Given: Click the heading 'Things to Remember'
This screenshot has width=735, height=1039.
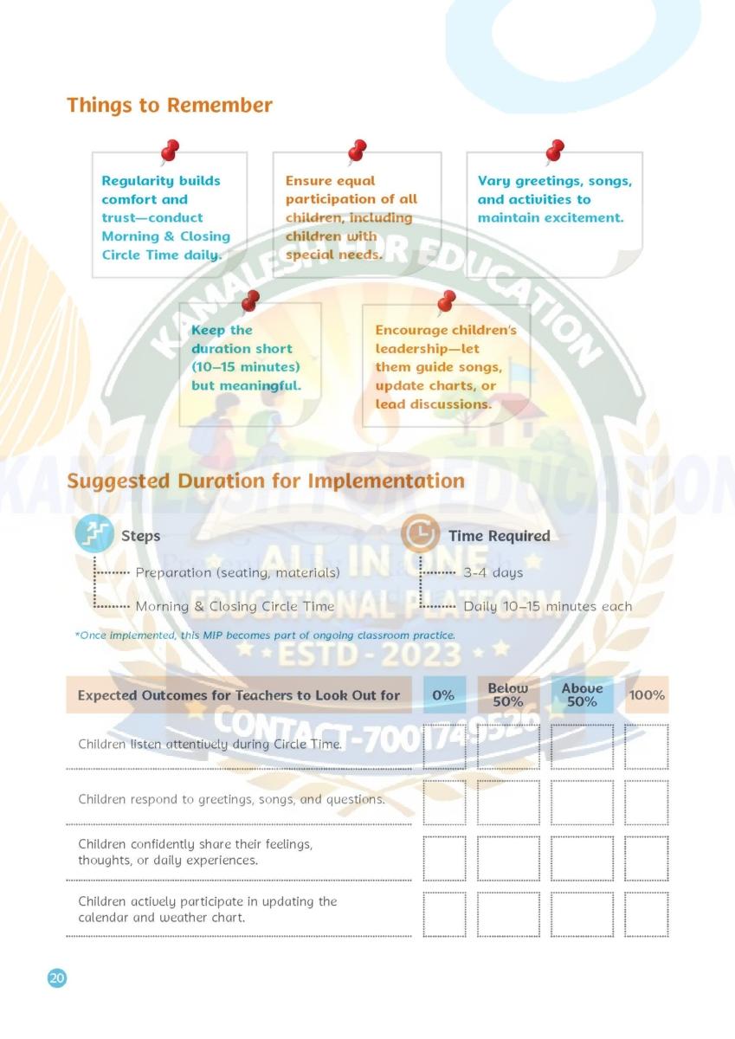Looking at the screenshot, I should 170,106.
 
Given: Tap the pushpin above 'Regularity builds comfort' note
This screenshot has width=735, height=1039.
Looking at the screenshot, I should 170,152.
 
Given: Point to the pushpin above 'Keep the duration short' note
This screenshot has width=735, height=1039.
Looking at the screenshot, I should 250,301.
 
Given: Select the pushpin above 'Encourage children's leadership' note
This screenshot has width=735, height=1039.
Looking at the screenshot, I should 446,301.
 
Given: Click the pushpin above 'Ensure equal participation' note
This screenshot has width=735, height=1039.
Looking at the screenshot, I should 357,152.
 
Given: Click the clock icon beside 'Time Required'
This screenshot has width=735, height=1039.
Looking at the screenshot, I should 419,535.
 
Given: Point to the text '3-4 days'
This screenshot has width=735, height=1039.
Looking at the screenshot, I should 493,572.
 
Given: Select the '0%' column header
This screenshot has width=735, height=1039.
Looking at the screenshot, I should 443,695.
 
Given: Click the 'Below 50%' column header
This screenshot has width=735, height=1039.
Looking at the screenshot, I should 507,694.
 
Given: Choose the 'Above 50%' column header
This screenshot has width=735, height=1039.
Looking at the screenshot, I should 582,694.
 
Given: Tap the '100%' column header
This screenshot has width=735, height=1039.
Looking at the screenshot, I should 647,695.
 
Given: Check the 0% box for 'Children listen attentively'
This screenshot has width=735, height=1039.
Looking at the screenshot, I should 444,745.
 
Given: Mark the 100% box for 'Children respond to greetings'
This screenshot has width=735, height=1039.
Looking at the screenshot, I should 647,802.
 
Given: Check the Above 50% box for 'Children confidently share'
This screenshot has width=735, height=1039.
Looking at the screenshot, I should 582,857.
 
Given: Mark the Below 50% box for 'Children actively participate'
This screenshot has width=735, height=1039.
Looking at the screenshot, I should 507,913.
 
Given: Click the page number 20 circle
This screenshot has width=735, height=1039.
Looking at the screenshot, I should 56,978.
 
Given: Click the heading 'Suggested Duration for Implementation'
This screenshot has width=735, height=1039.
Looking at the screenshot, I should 266,481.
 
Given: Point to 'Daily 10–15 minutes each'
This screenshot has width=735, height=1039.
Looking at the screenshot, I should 548,606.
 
